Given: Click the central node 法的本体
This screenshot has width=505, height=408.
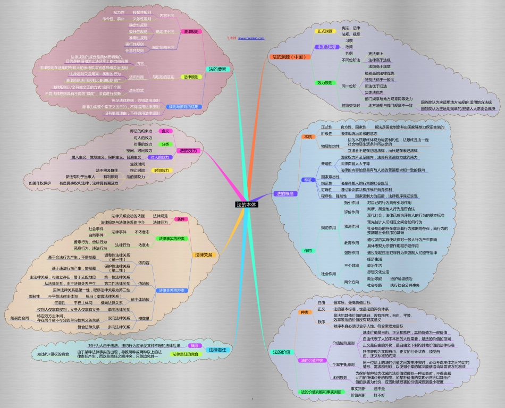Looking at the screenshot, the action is pyautogui.click(x=247, y=204).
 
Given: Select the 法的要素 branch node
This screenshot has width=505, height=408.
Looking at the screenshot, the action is pyautogui.click(x=217, y=69).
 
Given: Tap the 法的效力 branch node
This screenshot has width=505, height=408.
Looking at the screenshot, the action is pyautogui.click(x=188, y=150).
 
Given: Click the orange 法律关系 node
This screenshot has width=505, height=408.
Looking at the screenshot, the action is pyautogui.click(x=203, y=255).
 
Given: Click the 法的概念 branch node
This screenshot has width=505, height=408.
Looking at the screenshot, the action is pyautogui.click(x=285, y=194).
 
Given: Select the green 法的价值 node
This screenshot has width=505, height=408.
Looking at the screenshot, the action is pyautogui.click(x=282, y=352).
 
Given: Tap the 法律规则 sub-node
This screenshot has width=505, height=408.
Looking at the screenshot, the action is pyautogui.click(x=190, y=32).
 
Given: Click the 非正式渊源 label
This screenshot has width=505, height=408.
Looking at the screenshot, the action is pyautogui.click(x=326, y=47).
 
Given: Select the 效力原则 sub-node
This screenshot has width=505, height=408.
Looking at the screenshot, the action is pyautogui.click(x=325, y=83).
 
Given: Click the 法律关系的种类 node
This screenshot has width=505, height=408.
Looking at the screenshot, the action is pyautogui.click(x=171, y=291).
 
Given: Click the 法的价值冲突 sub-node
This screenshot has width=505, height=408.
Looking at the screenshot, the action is pyautogui.click(x=313, y=361).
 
